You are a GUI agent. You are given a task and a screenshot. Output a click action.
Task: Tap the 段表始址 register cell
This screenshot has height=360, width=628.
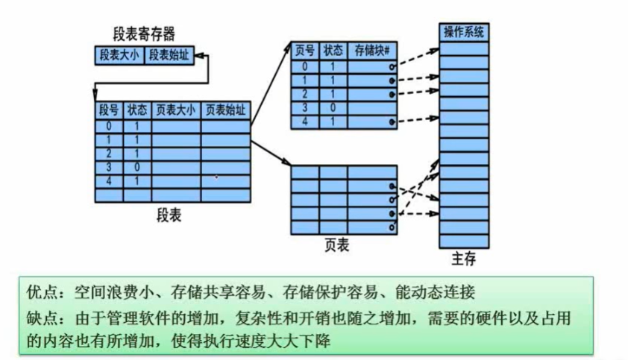point(169,55)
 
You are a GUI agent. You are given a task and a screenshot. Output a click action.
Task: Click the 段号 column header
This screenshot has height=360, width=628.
point(109,110)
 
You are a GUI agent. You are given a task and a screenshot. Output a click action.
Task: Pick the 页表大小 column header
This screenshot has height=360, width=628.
point(175,110)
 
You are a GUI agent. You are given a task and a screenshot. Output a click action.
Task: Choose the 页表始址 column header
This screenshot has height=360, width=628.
point(224,110)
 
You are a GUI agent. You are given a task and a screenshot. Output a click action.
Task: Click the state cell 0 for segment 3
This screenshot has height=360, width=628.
point(138,167)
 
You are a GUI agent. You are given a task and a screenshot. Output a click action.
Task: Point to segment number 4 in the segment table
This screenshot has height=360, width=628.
point(109,181)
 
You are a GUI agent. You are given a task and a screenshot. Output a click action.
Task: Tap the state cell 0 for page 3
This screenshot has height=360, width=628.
point(333,107)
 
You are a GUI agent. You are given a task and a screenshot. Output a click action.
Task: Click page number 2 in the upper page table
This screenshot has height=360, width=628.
point(304,94)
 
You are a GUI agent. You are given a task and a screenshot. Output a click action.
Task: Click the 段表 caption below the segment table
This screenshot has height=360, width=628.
point(169,215)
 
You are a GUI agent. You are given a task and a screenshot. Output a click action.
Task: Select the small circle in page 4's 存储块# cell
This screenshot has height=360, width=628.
point(392,121)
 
